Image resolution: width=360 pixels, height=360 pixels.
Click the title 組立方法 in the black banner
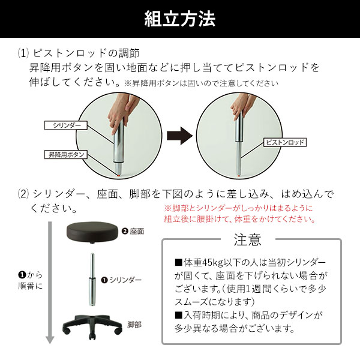[x=180, y=19]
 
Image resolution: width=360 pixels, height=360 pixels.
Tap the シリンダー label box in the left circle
[x=66, y=125]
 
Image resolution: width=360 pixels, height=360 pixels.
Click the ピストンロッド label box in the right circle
[x=284, y=143]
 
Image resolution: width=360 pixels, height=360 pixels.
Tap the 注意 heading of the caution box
[x=247, y=240]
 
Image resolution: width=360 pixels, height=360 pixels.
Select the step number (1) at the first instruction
[x=23, y=53]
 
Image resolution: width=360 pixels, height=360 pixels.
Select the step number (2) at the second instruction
[x=23, y=194]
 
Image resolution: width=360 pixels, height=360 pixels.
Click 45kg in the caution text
[x=214, y=263]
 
